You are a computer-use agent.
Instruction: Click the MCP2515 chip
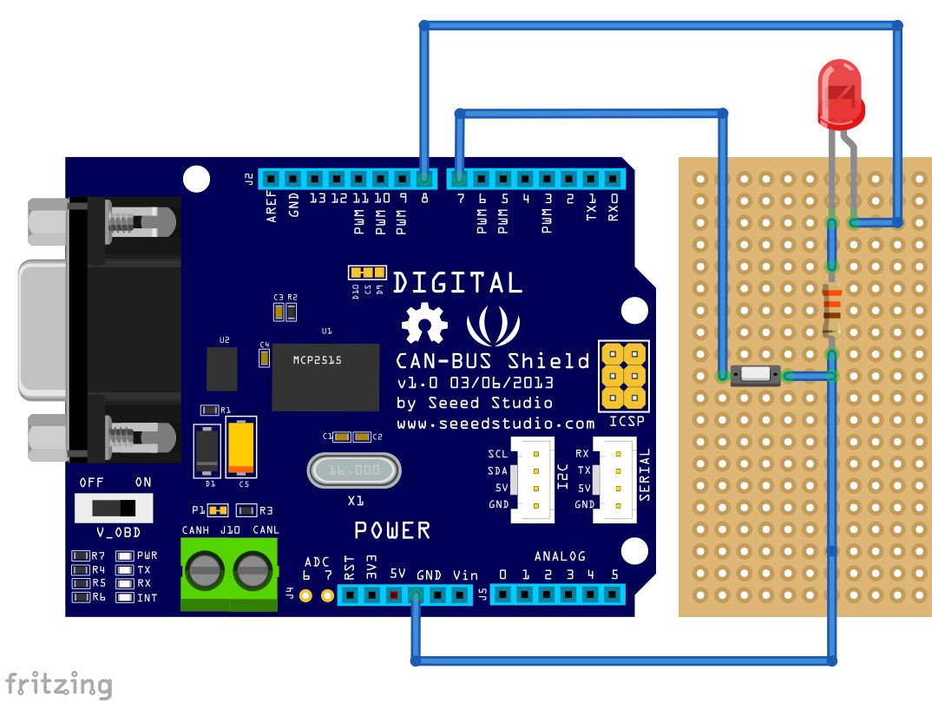326,377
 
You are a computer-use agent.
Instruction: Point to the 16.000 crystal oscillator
353,470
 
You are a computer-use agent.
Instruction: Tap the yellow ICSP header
625,376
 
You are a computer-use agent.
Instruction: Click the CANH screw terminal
207,572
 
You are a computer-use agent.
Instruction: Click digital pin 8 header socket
423,179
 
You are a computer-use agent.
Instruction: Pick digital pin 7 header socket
459,179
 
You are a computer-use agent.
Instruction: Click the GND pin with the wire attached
416,595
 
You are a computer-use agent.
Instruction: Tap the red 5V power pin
394,595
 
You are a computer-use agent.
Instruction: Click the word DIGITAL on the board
458,283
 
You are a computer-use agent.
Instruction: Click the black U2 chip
222,369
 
